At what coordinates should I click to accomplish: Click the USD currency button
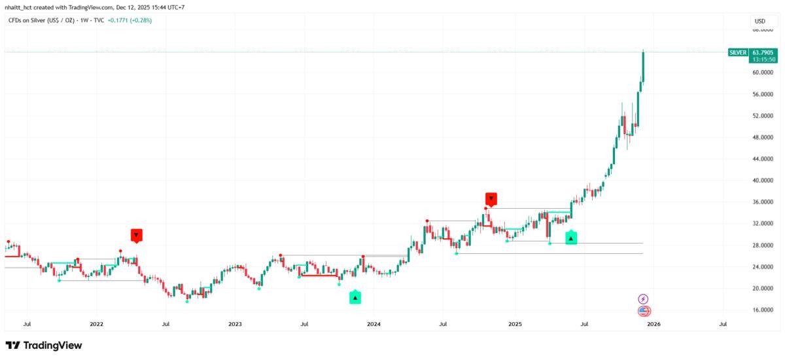(760, 21)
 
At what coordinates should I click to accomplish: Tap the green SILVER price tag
(737, 52)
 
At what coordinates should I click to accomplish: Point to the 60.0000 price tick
(763, 73)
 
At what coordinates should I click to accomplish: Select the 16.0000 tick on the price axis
(763, 310)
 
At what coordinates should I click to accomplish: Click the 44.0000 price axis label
(763, 159)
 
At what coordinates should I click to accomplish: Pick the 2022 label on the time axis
(96, 323)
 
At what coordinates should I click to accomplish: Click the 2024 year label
(374, 323)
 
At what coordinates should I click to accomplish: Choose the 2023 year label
(235, 323)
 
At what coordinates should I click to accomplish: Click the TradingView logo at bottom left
(44, 345)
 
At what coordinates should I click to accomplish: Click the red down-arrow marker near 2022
(136, 235)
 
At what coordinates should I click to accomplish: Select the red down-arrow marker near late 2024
(491, 198)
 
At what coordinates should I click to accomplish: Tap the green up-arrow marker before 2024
(355, 298)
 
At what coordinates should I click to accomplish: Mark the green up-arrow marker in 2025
(571, 238)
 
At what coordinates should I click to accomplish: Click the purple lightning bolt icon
(644, 298)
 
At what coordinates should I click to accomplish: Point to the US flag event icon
(644, 312)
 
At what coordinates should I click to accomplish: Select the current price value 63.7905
(763, 52)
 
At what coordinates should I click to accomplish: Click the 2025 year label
(515, 323)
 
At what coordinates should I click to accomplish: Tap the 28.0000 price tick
(763, 245)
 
